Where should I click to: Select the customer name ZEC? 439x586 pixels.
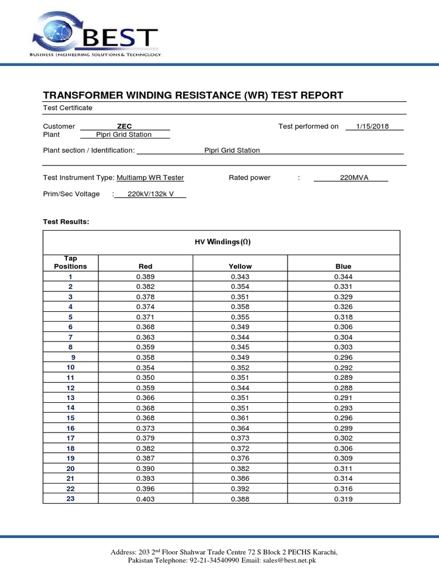click(x=124, y=126)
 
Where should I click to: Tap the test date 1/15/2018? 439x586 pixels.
click(x=372, y=126)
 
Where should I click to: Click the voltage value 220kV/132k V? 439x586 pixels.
click(x=150, y=194)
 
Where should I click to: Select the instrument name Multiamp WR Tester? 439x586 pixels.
click(x=150, y=178)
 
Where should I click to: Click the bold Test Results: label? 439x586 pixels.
click(x=66, y=221)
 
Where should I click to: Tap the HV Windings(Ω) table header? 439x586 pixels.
click(x=222, y=242)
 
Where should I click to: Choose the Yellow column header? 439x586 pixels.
click(x=240, y=266)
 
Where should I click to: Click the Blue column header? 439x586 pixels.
click(x=344, y=266)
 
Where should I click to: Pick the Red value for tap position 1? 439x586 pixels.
click(x=145, y=276)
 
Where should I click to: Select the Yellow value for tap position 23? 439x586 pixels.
click(x=240, y=499)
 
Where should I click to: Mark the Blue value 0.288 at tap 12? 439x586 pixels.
click(x=344, y=387)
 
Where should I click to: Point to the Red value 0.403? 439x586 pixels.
click(x=145, y=499)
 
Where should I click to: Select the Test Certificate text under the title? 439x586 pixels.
click(x=67, y=108)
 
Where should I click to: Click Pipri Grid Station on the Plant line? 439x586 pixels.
click(x=124, y=134)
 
